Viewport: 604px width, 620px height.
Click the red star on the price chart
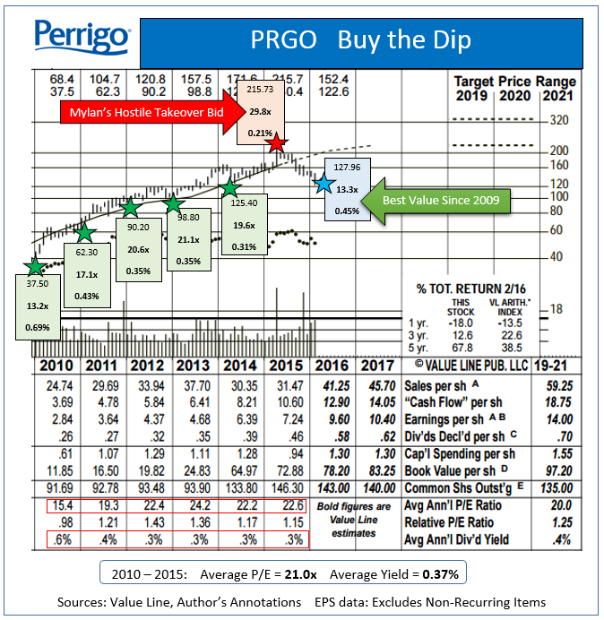click(x=278, y=143)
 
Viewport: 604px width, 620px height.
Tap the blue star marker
click(x=324, y=184)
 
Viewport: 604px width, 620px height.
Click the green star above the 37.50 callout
click(x=34, y=266)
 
